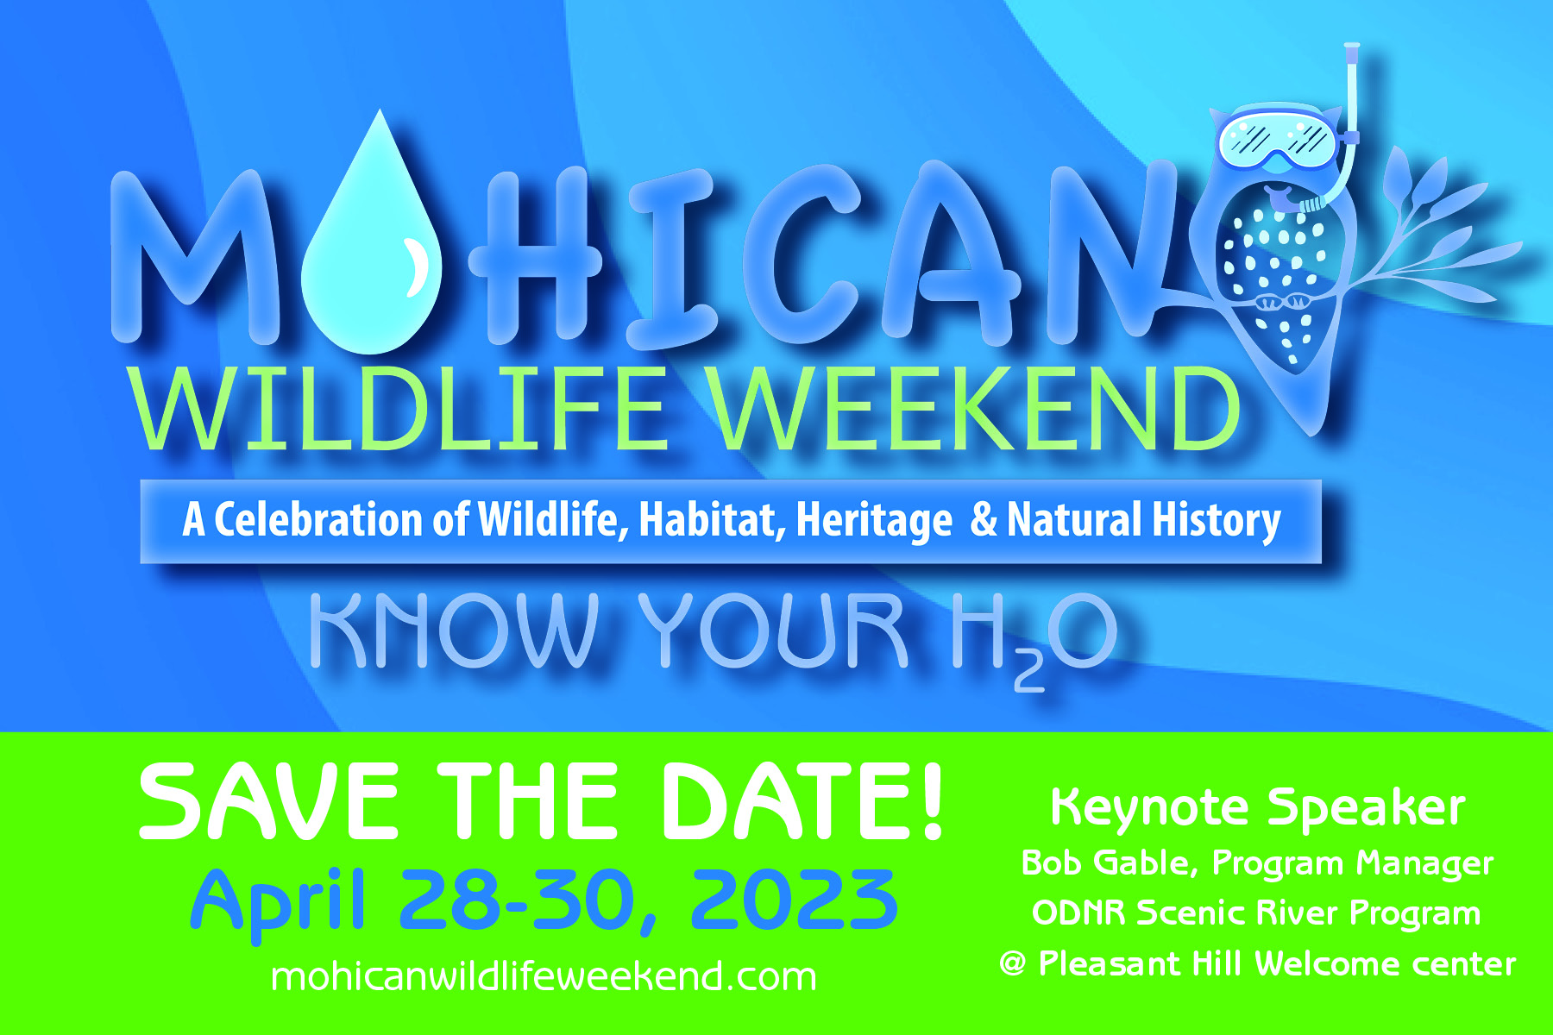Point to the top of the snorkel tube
1352,46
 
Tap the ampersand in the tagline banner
983,520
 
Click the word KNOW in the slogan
454,630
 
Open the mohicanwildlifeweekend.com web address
544,977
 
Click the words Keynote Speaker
1257,808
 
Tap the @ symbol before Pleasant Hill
1013,963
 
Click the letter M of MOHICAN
195,255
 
